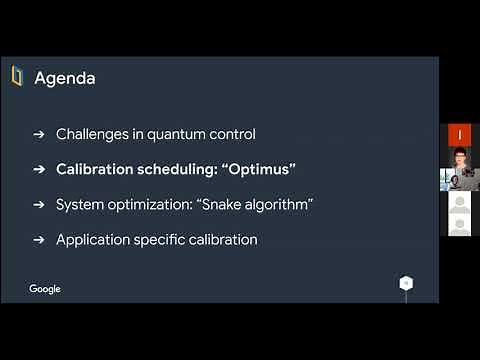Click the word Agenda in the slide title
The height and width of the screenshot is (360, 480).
[65, 78]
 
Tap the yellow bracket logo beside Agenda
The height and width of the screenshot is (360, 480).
[17, 77]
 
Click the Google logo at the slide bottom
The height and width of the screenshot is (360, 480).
[45, 289]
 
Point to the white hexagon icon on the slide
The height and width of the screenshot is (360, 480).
[406, 283]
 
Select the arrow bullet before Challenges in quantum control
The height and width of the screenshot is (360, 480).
[39, 134]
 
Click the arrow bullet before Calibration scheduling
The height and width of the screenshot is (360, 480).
[39, 169]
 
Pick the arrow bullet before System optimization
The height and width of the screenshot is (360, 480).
[39, 204]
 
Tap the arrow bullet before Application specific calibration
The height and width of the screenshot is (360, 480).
[39, 240]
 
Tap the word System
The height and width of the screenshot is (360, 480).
[80, 204]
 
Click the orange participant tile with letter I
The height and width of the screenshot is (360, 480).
[459, 134]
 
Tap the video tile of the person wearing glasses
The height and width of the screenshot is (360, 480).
[459, 166]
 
